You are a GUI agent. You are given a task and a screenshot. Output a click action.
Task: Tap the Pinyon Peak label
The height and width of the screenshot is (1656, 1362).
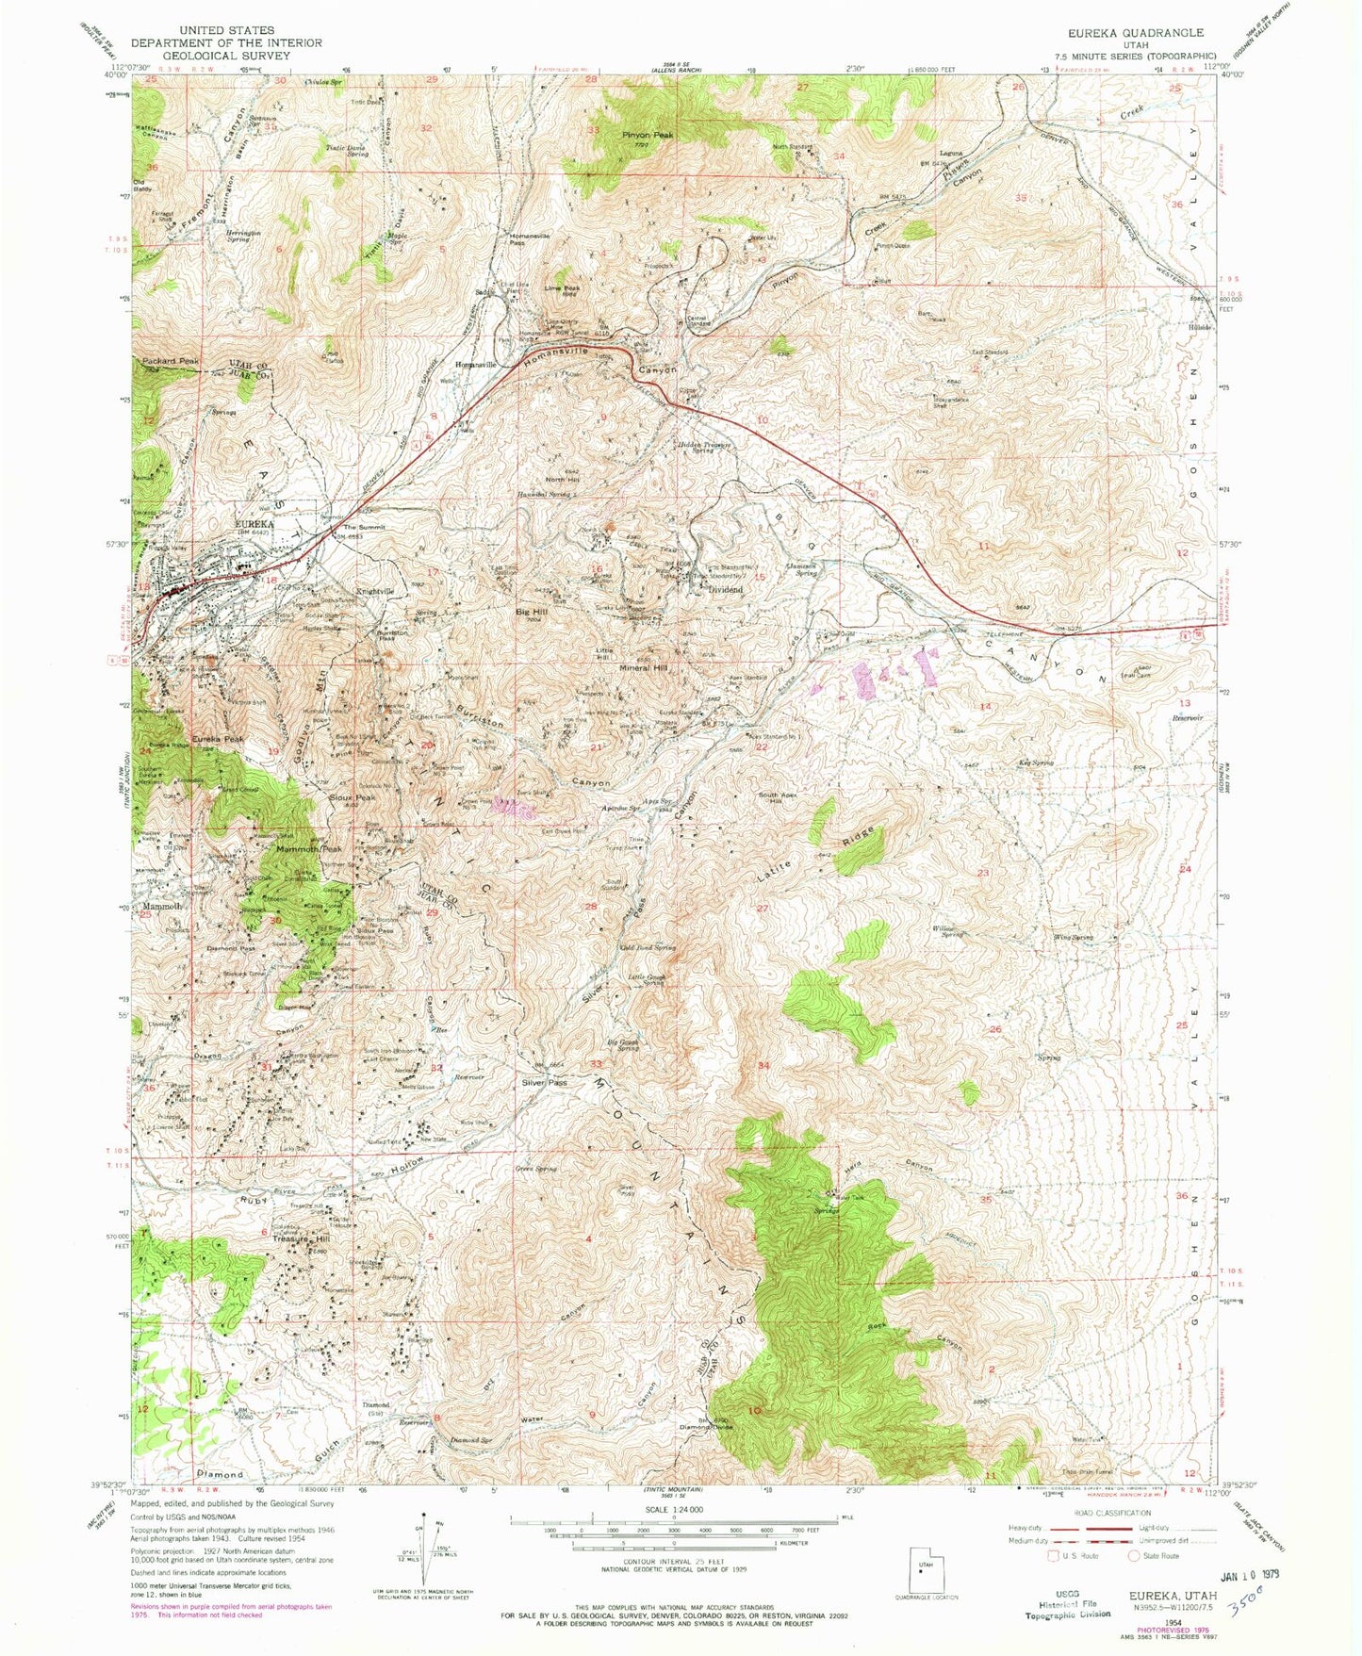(x=648, y=136)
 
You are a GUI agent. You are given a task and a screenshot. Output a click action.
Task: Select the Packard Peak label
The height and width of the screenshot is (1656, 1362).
(x=171, y=362)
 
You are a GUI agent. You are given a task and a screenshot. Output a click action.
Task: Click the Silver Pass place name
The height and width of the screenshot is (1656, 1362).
(x=545, y=1083)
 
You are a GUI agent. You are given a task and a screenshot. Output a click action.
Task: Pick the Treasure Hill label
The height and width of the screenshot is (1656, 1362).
(x=294, y=1239)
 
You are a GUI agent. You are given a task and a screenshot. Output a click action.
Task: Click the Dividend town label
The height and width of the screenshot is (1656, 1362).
(x=725, y=589)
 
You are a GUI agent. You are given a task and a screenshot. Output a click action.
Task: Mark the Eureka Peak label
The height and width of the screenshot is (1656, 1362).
(x=219, y=739)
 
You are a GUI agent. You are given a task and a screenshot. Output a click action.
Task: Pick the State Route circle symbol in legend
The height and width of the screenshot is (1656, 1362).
(x=1136, y=1556)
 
